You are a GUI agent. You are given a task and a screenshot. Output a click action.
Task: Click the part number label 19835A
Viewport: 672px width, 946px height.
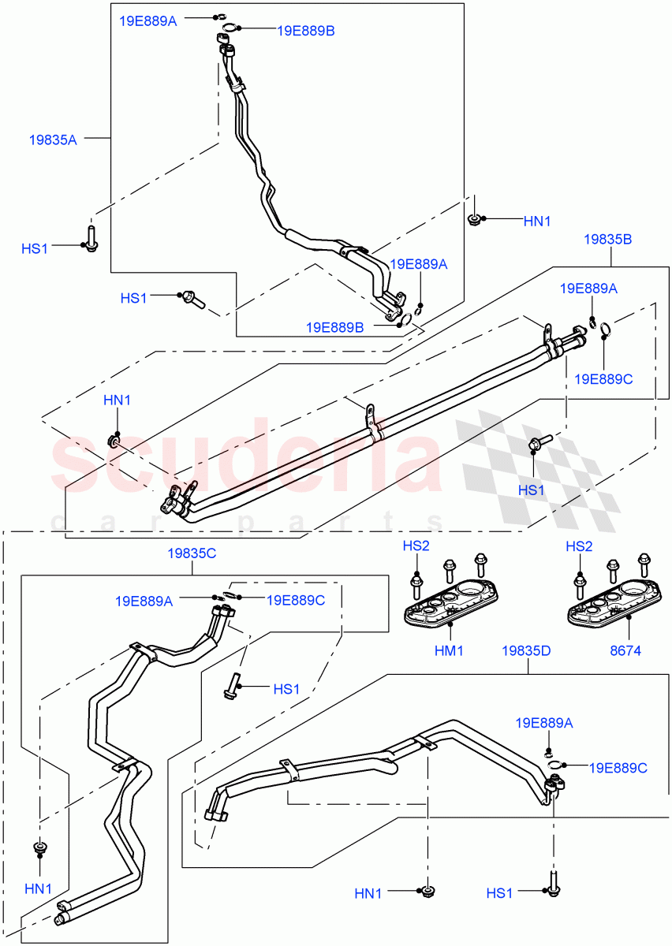tap(53, 139)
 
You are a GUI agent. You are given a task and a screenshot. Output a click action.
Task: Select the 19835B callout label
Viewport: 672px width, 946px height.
tap(607, 239)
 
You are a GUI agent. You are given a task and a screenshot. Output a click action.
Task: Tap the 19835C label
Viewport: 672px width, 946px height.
tap(191, 553)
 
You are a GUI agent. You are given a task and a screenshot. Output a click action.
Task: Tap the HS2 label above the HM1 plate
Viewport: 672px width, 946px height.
tap(416, 546)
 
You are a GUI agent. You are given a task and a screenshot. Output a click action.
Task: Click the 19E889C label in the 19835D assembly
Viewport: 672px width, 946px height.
tap(618, 766)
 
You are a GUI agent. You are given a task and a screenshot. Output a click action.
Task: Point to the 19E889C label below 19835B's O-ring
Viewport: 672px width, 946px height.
tap(603, 379)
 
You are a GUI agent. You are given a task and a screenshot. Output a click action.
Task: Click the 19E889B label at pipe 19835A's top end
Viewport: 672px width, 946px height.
tap(305, 31)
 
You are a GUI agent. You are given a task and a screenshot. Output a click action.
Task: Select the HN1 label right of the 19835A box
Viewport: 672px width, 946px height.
tap(537, 222)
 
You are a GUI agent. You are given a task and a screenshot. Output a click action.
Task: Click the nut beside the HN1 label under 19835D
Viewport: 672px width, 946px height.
tap(427, 892)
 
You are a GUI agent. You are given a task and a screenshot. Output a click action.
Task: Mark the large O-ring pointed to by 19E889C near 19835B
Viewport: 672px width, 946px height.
tap(604, 330)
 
